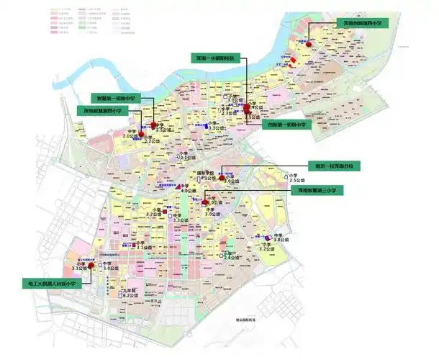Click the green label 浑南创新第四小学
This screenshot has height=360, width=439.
click(362, 24)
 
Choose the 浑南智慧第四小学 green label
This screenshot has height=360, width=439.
click(103, 111)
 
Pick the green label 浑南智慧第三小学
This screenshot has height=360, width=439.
click(315, 191)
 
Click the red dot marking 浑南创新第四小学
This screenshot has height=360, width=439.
click(309, 45)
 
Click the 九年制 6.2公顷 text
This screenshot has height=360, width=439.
click(130, 292)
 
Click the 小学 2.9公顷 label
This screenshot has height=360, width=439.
click(230, 257)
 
